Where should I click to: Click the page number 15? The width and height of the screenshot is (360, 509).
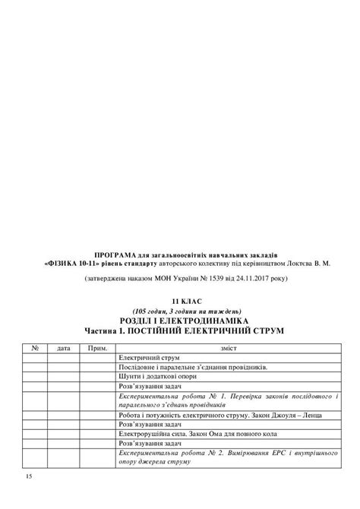coord(28,476)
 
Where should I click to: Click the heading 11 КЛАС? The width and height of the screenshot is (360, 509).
coord(180,302)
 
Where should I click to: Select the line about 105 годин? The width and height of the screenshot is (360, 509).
coord(180,311)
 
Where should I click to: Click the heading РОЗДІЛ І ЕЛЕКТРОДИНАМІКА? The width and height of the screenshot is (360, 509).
coord(180,321)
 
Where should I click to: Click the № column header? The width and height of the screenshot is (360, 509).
coord(35,348)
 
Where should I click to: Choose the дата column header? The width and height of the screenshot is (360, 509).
coord(64,348)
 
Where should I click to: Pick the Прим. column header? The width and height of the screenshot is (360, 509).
coord(97,348)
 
